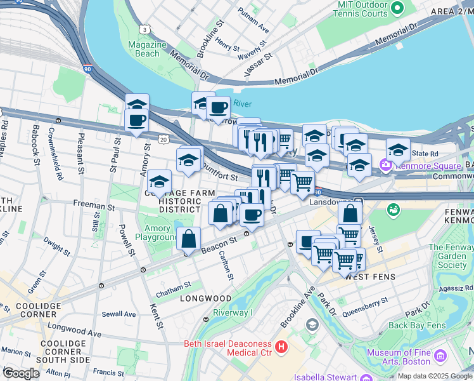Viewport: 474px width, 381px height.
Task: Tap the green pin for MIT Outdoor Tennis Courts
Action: click(x=397, y=8)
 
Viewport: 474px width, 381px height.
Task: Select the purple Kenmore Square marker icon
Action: click(x=385, y=166)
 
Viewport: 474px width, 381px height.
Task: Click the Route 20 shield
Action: click(x=163, y=139)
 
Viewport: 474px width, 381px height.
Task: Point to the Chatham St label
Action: click(x=174, y=286)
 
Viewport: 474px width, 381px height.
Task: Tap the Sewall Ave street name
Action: click(x=118, y=314)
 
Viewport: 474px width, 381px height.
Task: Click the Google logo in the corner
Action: click(x=20, y=373)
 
